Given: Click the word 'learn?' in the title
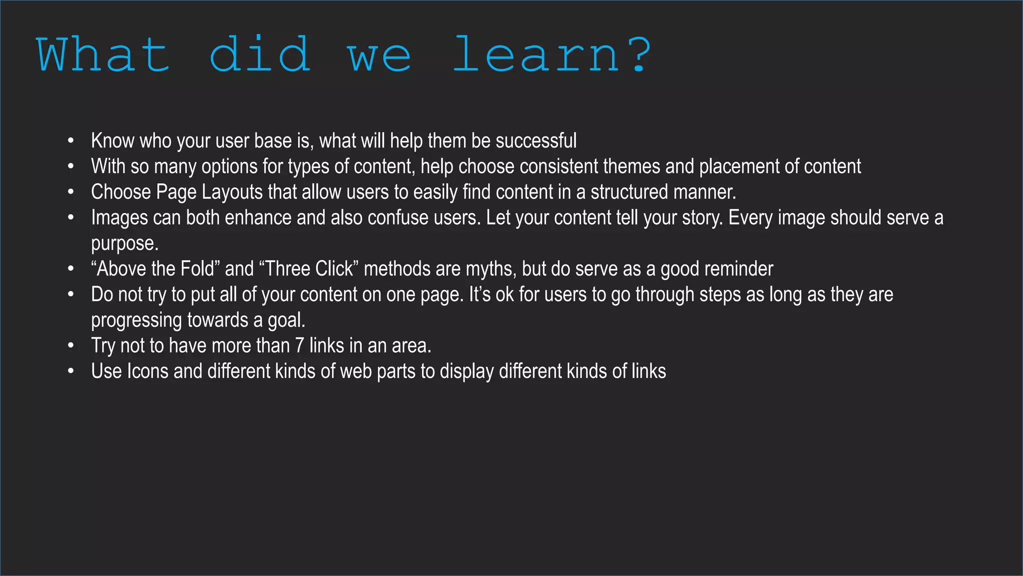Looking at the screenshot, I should [551, 55].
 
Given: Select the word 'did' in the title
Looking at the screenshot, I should [260, 55].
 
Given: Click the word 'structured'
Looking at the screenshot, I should [629, 192].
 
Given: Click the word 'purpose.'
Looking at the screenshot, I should [124, 244].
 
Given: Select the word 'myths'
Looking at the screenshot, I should [490, 269].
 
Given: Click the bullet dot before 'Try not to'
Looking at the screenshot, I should [71, 345].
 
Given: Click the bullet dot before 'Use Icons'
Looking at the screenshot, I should [71, 371].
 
